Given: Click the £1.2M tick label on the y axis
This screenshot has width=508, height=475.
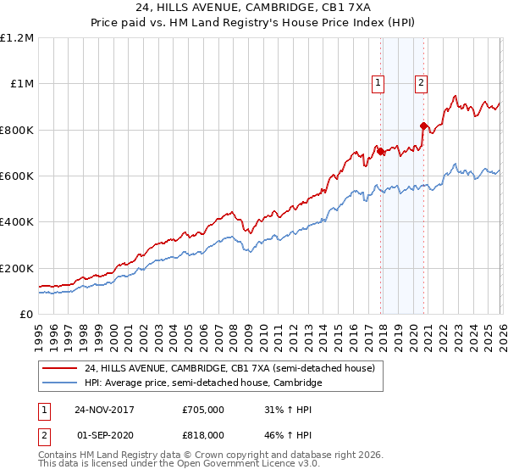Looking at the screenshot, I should tap(19, 38).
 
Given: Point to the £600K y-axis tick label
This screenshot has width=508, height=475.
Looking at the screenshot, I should tap(17, 176).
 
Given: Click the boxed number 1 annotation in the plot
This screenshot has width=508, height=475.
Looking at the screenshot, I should tap(378, 83).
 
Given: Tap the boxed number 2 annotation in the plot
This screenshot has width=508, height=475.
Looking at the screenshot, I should tap(421, 83).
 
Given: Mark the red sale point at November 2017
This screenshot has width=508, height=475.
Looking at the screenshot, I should tap(381, 152).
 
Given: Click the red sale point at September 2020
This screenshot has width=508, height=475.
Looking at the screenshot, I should tap(423, 126).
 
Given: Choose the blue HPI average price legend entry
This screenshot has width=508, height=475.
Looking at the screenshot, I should tap(202, 383).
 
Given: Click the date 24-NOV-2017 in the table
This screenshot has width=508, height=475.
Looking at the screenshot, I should tap(104, 410).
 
